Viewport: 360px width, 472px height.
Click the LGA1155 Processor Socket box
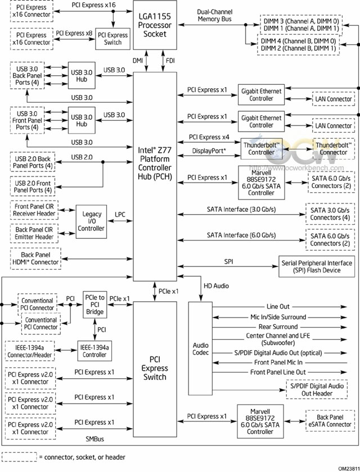[155, 25]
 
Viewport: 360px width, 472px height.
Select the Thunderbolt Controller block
[262, 149]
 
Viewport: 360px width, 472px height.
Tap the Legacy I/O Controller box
[91, 221]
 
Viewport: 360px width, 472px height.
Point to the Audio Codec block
[200, 348]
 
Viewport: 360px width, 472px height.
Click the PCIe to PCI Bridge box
[94, 305]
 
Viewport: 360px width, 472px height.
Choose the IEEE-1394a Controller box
[94, 351]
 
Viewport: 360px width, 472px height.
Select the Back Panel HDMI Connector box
[35, 258]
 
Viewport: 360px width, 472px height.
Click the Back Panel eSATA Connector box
[330, 421]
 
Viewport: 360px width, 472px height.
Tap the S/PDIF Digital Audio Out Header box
[317, 389]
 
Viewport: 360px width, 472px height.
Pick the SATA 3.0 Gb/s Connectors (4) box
[330, 214]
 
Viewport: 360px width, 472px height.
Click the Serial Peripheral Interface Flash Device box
[317, 266]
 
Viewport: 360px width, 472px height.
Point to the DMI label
[138, 61]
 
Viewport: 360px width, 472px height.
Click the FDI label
[170, 61]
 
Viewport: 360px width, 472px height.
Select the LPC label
[120, 215]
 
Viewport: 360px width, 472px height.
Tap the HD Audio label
[217, 285]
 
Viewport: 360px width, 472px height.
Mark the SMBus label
[94, 439]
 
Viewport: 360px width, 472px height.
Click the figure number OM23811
[348, 469]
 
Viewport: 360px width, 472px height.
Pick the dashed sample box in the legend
[19, 457]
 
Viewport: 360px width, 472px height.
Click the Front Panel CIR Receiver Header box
[34, 210]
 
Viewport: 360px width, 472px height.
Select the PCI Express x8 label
[74, 33]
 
